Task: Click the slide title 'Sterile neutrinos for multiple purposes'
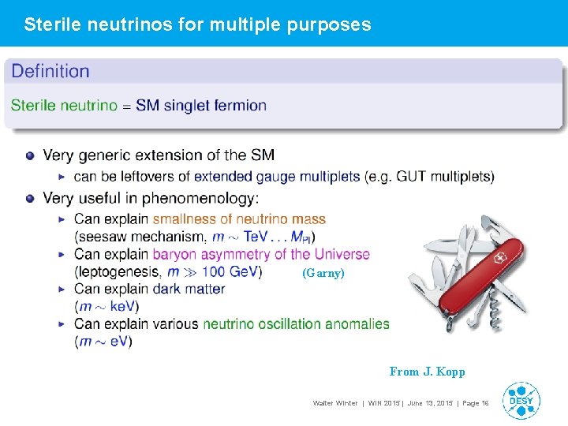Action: click(x=197, y=24)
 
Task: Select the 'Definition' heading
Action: click(x=50, y=71)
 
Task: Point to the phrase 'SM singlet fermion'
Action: click(x=201, y=105)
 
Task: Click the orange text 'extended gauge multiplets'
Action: click(x=277, y=176)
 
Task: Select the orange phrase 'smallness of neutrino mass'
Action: click(x=239, y=219)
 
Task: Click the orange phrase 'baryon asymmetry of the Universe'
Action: click(x=261, y=254)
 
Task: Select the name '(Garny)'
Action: click(x=323, y=274)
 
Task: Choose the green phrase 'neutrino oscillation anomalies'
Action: click(x=296, y=323)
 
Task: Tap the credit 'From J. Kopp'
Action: click(x=427, y=372)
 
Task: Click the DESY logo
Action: click(x=521, y=400)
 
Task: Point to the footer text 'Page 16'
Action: click(x=475, y=404)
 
